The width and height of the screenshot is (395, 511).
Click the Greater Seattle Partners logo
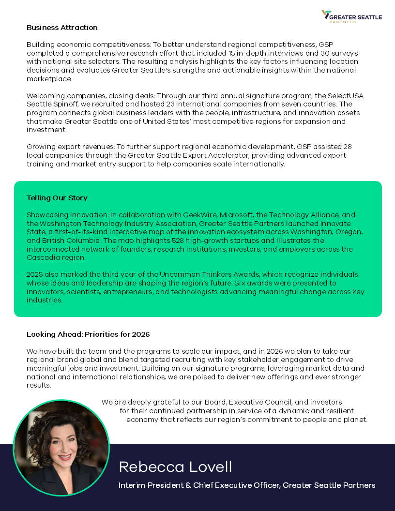click(x=351, y=17)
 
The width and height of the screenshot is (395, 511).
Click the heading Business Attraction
click(x=62, y=28)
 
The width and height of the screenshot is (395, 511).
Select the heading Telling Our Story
click(x=57, y=198)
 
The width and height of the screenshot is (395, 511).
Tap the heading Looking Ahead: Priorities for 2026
click(x=88, y=334)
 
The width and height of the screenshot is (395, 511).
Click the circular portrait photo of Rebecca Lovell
click(x=61, y=448)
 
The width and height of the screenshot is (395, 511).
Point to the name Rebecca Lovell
click(x=175, y=467)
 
